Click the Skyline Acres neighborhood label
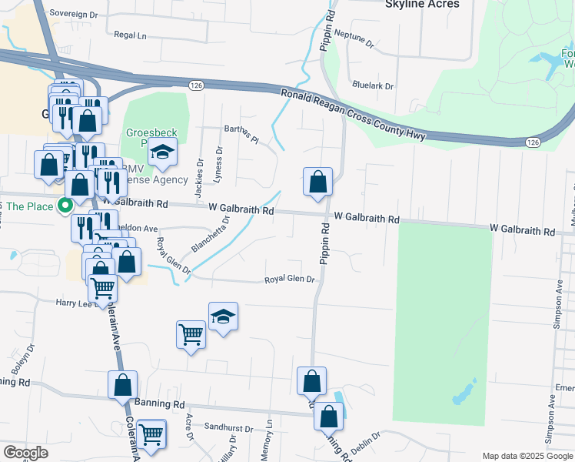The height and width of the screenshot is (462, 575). [x=421, y=5]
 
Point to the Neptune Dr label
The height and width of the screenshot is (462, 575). [x=357, y=40]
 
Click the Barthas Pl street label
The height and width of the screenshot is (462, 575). [x=241, y=133]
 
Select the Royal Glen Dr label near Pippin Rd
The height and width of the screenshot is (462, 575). [x=291, y=280]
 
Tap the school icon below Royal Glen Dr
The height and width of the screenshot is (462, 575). [x=223, y=316]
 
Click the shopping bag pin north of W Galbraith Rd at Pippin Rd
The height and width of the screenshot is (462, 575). [x=317, y=182]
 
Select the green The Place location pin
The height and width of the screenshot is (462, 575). [x=65, y=206]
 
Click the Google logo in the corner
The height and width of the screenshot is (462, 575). [x=25, y=453]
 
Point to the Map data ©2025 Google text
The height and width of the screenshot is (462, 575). [x=527, y=456]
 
